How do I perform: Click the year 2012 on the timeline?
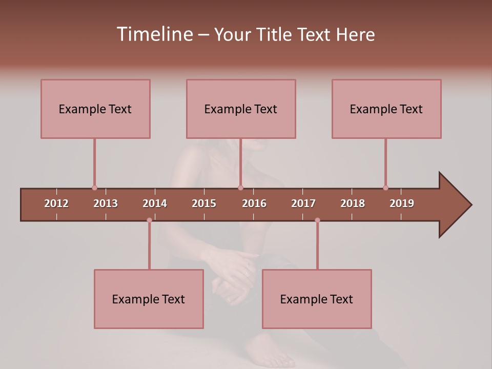pyautogui.click(x=56, y=203)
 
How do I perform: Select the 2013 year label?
pyautogui.click(x=106, y=203)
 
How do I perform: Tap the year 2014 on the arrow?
pyautogui.click(x=155, y=203)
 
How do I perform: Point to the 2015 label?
pyautogui.click(x=204, y=203)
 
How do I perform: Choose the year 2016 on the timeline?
pyautogui.click(x=254, y=203)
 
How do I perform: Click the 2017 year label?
pyautogui.click(x=303, y=203)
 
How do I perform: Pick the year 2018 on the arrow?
pyautogui.click(x=353, y=203)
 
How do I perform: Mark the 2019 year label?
pyautogui.click(x=402, y=203)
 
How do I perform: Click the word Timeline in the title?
pyautogui.click(x=154, y=34)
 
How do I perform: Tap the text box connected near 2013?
pyautogui.click(x=95, y=109)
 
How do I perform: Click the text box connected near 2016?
pyautogui.click(x=241, y=109)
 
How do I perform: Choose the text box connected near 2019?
pyautogui.click(x=386, y=109)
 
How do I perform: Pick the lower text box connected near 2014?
pyautogui.click(x=149, y=299)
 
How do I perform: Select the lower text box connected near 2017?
pyautogui.click(x=317, y=299)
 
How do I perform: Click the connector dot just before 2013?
pyautogui.click(x=94, y=188)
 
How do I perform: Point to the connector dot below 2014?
pyautogui.click(x=149, y=220)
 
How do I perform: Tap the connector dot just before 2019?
pyautogui.click(x=385, y=188)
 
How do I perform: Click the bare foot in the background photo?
pyautogui.click(x=266, y=354)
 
